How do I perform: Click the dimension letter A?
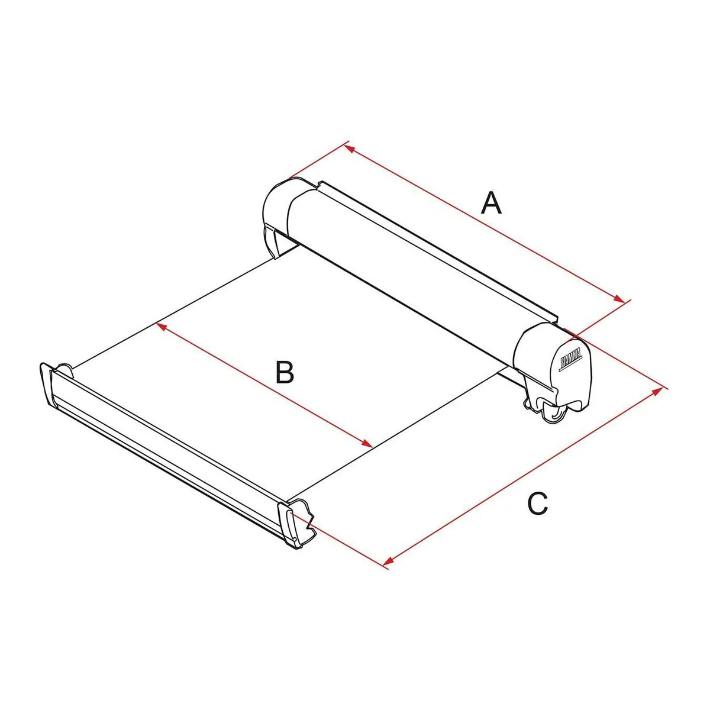[x=490, y=203]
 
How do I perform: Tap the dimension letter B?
[x=285, y=372]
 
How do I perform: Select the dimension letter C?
[x=537, y=504]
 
